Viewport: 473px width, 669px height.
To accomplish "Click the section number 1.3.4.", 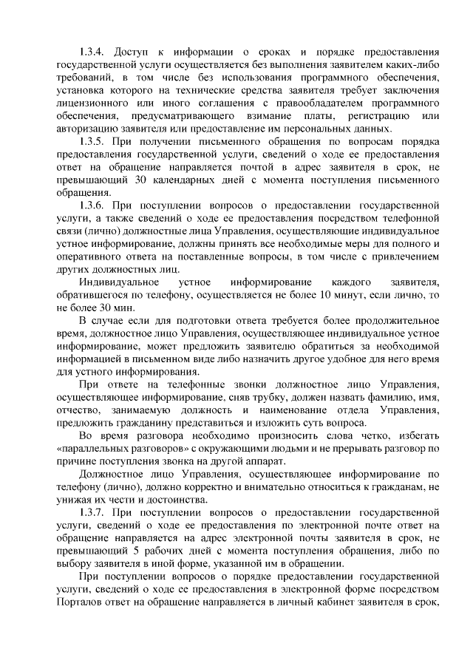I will click(x=93, y=52).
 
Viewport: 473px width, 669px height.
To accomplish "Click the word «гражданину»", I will click(x=152, y=422).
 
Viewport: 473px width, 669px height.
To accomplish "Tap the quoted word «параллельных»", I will click(x=102, y=447).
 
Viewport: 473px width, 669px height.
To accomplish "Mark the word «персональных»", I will click(x=296, y=128).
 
